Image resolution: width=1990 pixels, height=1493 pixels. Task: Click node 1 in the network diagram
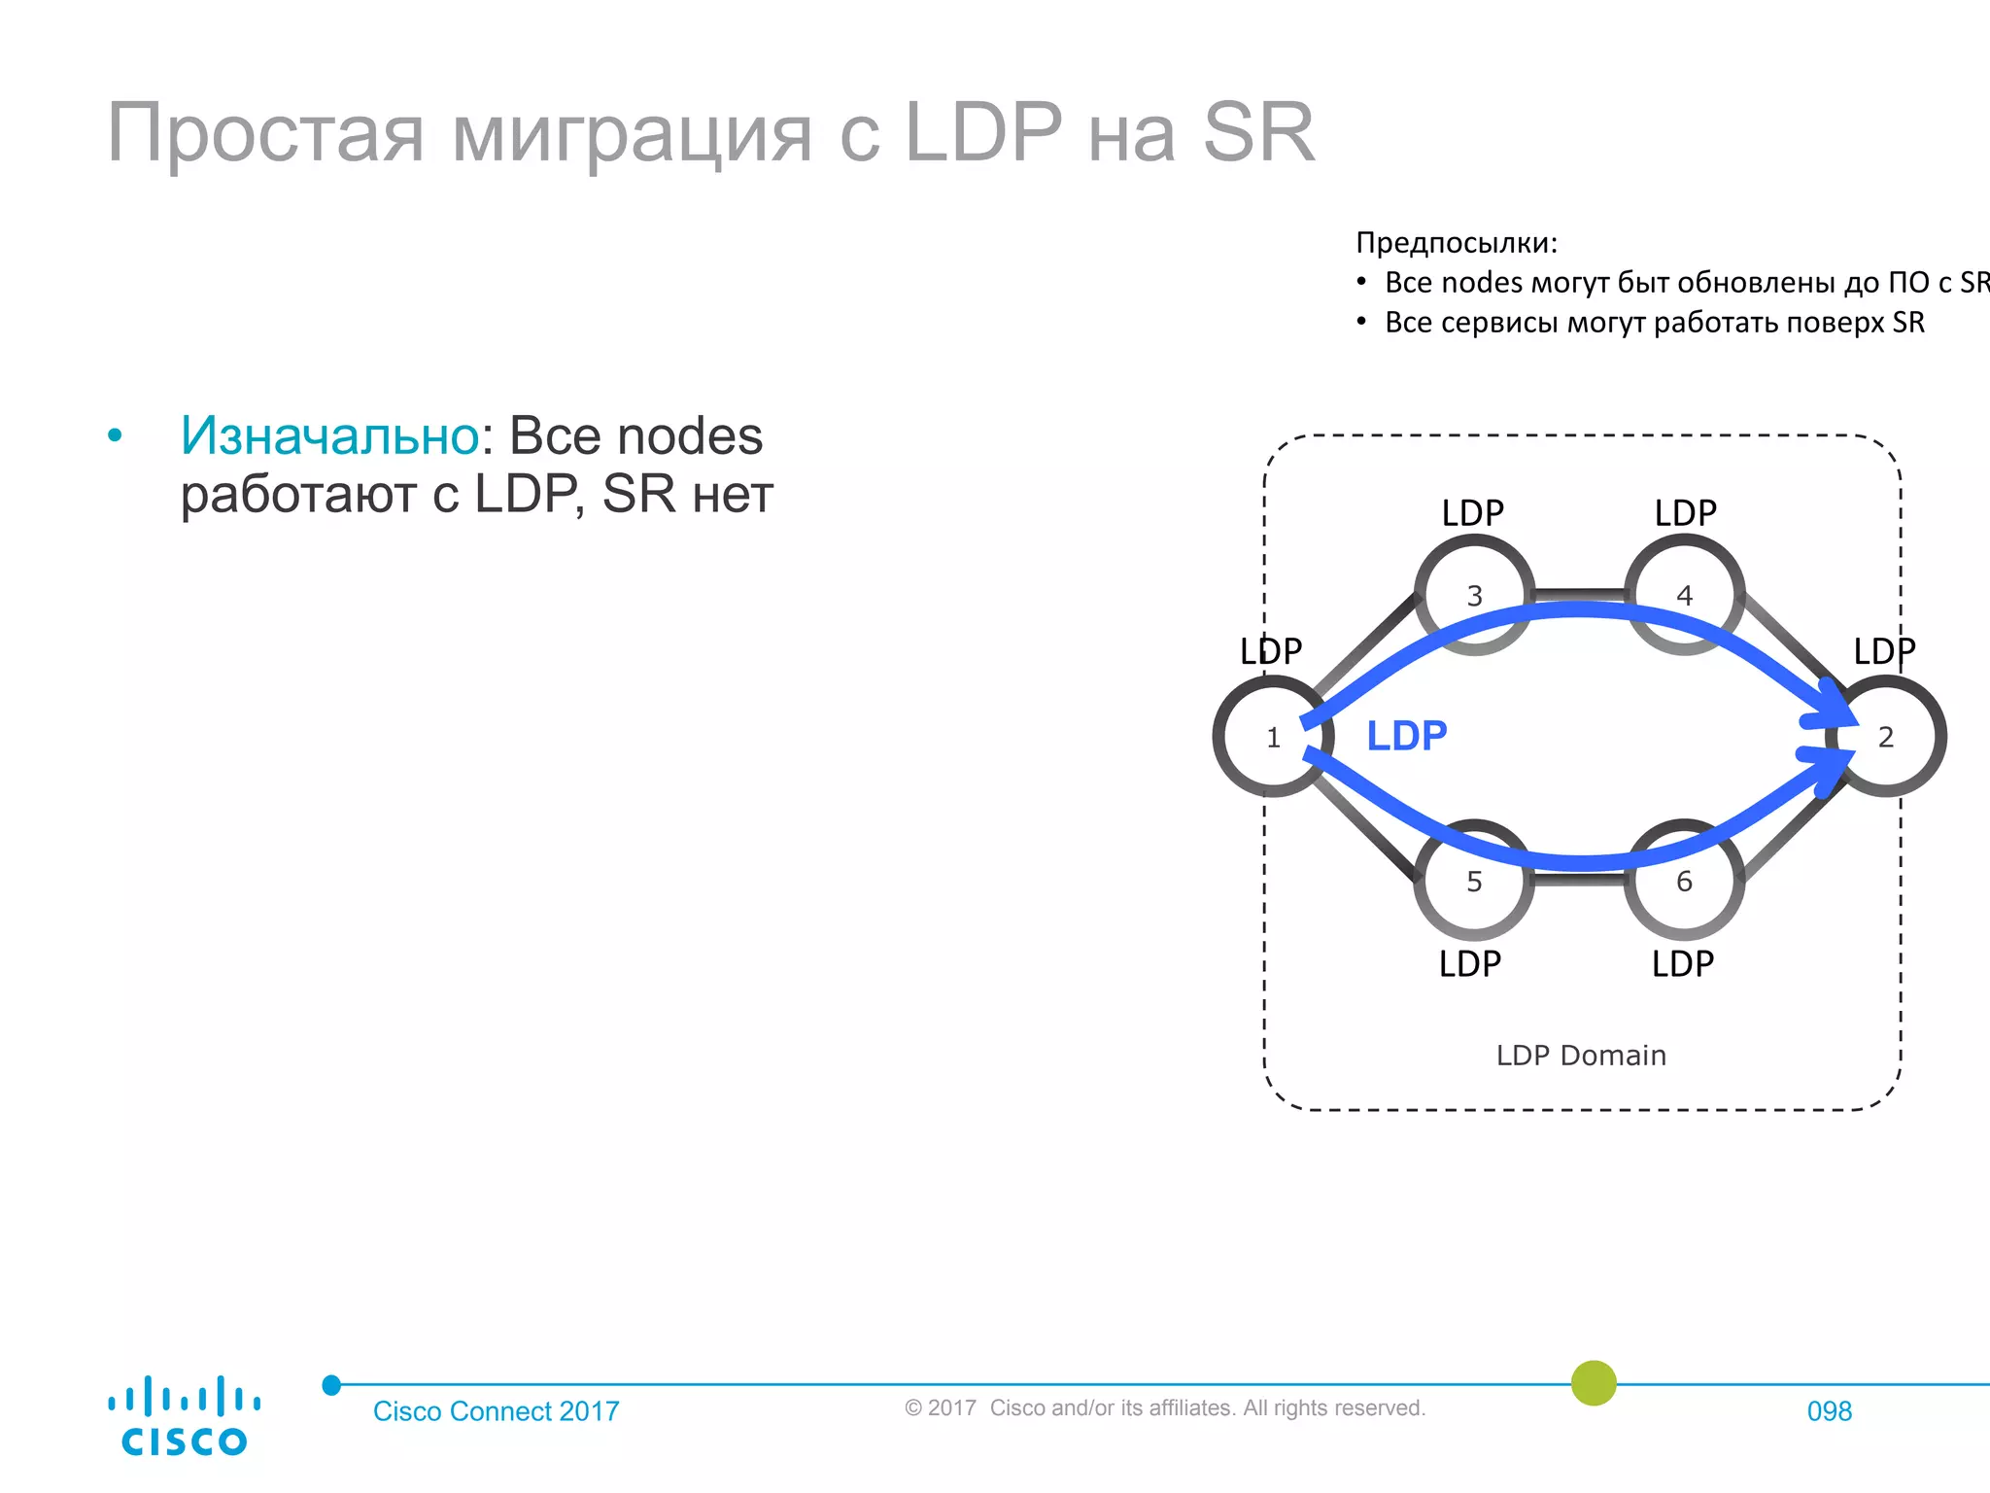[1272, 738]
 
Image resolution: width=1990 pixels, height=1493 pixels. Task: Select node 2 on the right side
[1885, 737]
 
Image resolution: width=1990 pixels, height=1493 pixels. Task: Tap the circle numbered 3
[1474, 595]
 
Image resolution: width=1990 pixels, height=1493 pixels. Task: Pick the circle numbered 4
[1684, 595]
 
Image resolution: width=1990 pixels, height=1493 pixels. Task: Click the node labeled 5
[1474, 881]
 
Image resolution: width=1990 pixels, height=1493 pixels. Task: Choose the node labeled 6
[1684, 881]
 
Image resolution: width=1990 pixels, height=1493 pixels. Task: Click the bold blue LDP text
[1406, 736]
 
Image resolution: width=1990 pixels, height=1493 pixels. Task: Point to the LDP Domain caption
[1581, 1056]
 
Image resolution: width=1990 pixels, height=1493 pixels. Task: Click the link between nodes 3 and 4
[1579, 593]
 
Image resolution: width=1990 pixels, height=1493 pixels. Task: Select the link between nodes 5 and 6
[1579, 879]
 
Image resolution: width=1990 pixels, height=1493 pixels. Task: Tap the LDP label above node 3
[1472, 513]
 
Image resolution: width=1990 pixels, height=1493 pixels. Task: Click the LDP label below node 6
[1683, 964]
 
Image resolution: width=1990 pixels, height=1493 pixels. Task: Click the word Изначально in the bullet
[329, 435]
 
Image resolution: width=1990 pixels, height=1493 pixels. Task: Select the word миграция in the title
[632, 134]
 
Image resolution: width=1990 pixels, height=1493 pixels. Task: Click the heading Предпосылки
[1456, 242]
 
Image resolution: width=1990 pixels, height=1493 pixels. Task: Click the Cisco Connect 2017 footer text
[496, 1411]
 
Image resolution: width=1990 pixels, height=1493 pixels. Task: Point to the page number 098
[1829, 1411]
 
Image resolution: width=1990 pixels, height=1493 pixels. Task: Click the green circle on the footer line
[1594, 1383]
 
